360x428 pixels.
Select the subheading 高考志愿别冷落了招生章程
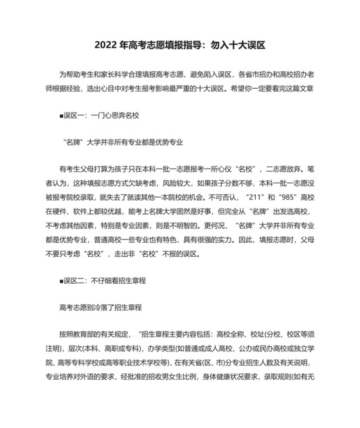pyautogui.click(x=100, y=307)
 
